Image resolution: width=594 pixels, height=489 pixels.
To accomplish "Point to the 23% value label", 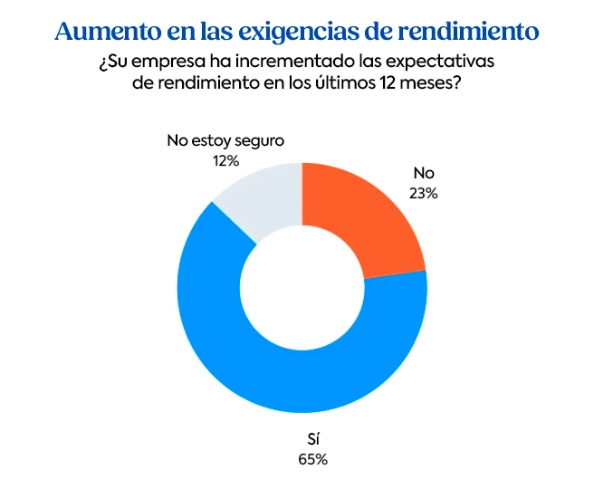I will point(423,192).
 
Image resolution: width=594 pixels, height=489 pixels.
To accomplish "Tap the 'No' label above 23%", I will point(423,173).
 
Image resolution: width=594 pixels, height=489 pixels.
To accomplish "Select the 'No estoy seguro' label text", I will point(225,141).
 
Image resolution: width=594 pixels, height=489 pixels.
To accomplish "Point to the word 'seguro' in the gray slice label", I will point(260,141).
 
